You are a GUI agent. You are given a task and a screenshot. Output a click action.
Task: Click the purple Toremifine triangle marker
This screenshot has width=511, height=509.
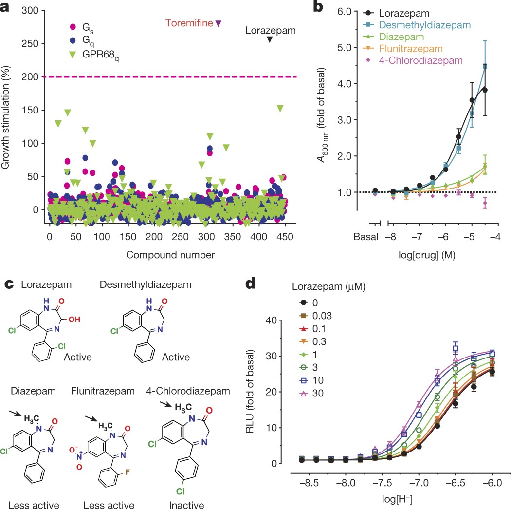pos(219,23)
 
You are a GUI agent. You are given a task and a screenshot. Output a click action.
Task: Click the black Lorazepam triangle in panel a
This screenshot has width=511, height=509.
pos(270,39)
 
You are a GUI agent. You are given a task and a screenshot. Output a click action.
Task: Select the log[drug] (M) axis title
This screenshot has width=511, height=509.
pos(433,255)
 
